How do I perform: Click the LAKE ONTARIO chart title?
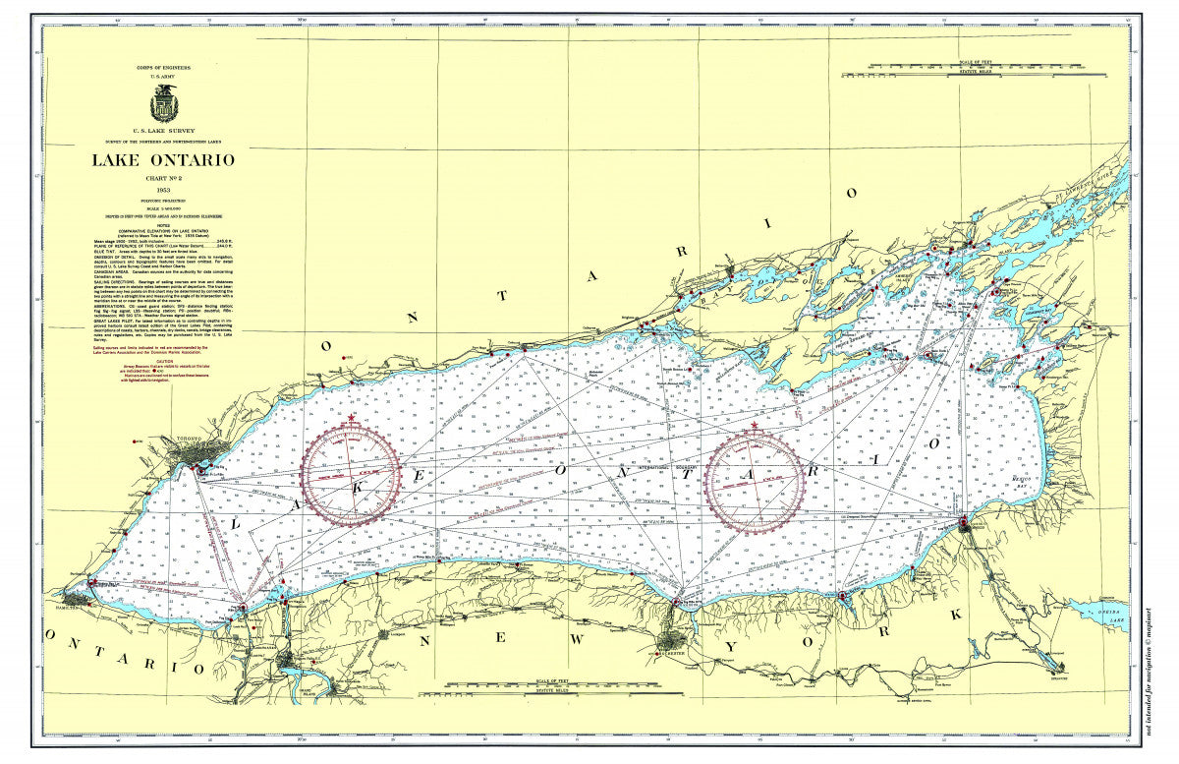[x=163, y=160]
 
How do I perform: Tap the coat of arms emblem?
[x=163, y=103]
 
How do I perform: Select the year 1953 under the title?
[x=163, y=189]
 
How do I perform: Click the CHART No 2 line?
[x=163, y=177]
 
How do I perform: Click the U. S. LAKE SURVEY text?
[x=163, y=130]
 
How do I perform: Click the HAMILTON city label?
[x=71, y=605]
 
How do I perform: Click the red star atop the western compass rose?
[x=352, y=420]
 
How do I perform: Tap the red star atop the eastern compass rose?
[x=755, y=426]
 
